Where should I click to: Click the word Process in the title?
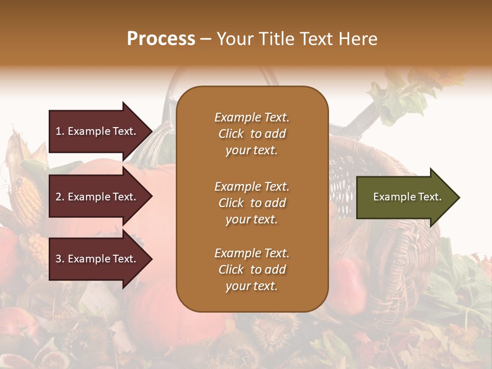(161, 39)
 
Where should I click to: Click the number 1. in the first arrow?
(60, 131)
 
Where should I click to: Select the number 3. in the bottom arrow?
(60, 259)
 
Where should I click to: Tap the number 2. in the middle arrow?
(60, 197)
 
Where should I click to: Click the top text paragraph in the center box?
(252, 134)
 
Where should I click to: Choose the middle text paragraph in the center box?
(252, 203)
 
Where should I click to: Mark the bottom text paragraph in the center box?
(252, 270)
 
